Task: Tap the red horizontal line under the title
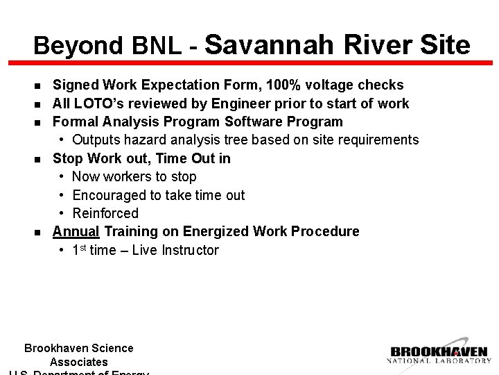[249, 63]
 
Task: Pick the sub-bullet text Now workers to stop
[134, 177]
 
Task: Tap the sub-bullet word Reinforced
[105, 213]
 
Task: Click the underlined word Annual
[76, 231]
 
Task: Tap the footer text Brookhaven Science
[79, 349]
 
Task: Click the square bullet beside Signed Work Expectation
[37, 86]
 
